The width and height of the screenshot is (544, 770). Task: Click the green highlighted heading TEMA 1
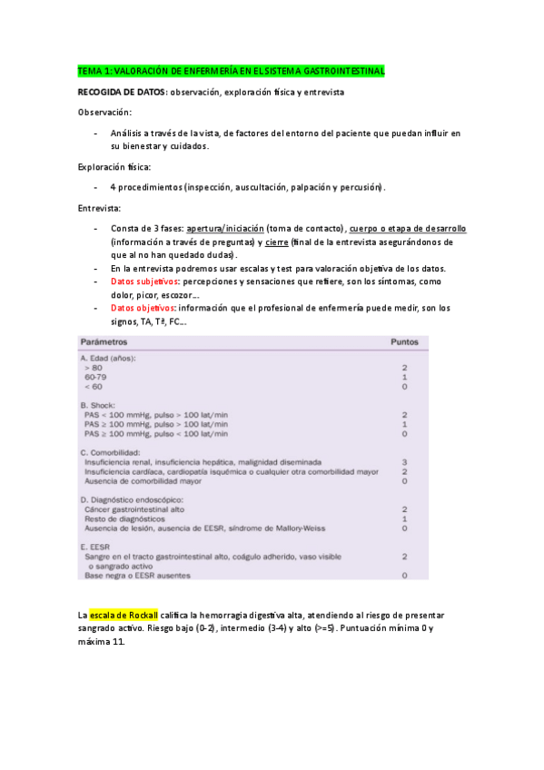coord(232,71)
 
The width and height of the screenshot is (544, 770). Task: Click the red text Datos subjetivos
coord(144,281)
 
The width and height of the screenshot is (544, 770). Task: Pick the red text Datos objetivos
coord(143,308)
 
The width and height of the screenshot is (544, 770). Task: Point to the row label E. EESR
coord(97,546)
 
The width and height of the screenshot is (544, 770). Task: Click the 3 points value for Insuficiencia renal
coord(404,461)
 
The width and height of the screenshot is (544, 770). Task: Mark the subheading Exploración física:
coord(114,167)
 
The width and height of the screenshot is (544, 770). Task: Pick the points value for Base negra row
coord(404,575)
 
